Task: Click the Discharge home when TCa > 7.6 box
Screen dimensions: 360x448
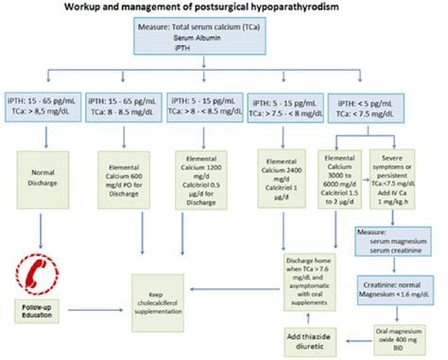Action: click(x=309, y=275)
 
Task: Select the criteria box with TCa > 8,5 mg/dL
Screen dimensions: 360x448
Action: click(x=41, y=102)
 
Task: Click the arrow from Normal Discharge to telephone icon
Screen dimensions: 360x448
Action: click(x=39, y=225)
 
